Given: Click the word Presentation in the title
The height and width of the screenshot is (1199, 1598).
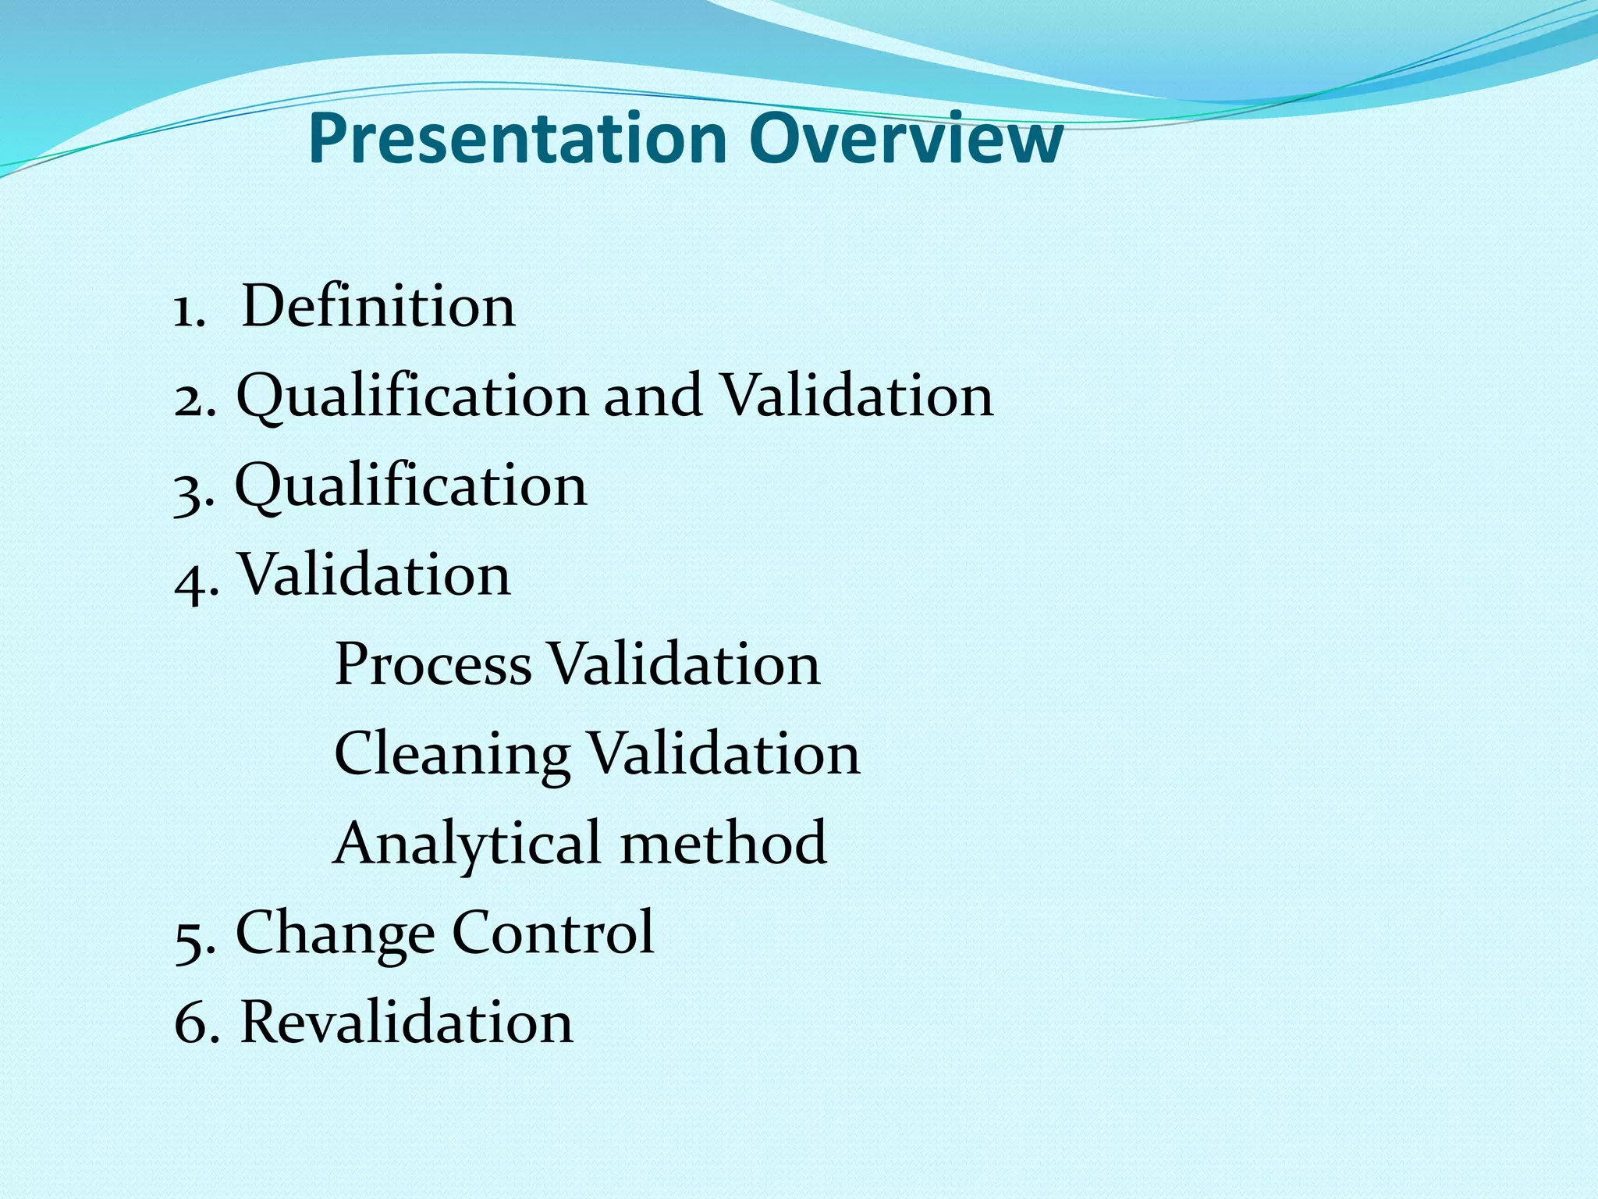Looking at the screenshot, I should [517, 139].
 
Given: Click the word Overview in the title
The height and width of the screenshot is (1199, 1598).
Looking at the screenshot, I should [906, 139].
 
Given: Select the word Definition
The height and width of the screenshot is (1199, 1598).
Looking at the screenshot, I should [378, 306].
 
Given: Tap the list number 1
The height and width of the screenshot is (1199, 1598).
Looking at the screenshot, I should [187, 310].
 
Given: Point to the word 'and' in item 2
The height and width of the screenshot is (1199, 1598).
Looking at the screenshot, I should [653, 396].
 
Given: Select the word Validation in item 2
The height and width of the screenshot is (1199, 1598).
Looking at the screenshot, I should [856, 396].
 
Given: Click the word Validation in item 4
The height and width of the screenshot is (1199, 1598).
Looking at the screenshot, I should [374, 575].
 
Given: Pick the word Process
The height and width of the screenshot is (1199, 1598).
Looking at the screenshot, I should [433, 665].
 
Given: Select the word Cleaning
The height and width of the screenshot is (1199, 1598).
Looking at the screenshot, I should [452, 756].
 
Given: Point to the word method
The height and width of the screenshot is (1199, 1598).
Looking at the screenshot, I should [723, 844].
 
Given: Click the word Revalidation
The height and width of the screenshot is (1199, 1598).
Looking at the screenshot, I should [407, 1022].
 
